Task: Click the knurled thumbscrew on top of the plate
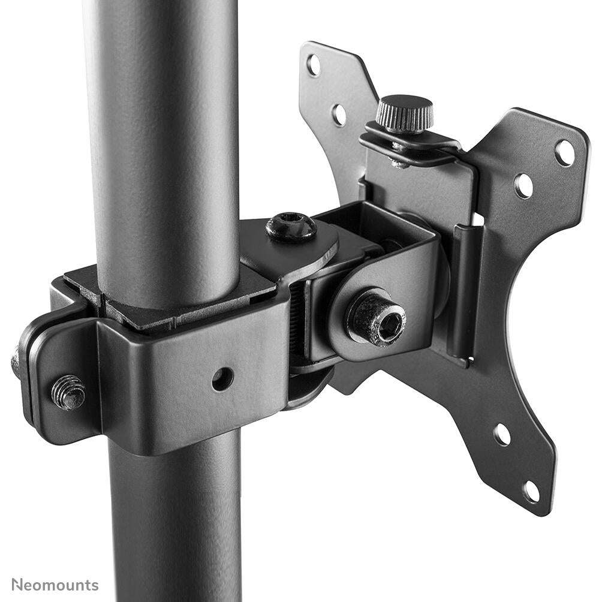click(405, 112)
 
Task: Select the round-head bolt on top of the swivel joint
click(291, 227)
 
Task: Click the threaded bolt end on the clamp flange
click(68, 392)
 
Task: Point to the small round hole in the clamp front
click(222, 379)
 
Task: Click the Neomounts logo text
click(55, 585)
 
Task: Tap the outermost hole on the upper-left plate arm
click(314, 65)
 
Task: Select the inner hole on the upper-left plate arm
click(339, 115)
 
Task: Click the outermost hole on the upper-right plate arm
click(564, 152)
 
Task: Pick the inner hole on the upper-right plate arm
click(523, 186)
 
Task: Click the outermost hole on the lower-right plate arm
click(531, 491)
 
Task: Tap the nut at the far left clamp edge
click(16, 363)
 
